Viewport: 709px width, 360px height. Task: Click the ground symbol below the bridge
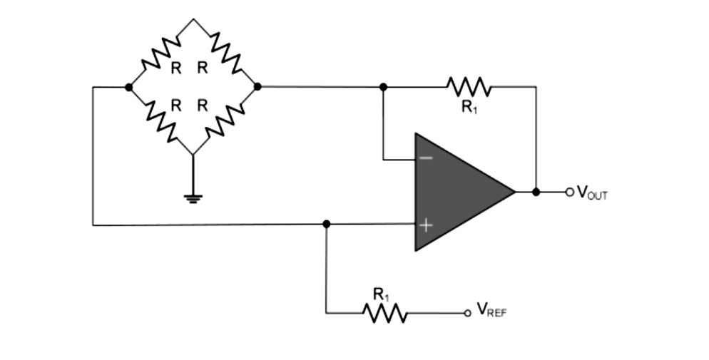tap(193, 197)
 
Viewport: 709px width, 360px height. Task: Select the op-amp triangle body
tap(456, 192)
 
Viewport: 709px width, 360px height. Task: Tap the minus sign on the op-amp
tap(425, 158)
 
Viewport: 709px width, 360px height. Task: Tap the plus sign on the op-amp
tap(425, 226)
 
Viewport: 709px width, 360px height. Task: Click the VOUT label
tap(592, 192)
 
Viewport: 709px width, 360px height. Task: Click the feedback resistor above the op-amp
tap(469, 86)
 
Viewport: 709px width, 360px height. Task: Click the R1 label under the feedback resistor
tap(469, 108)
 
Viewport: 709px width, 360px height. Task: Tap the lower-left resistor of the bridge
tap(161, 120)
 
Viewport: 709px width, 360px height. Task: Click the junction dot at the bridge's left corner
tap(128, 87)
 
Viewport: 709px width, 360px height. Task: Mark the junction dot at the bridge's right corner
tap(257, 86)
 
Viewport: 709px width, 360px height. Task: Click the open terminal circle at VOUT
tap(569, 192)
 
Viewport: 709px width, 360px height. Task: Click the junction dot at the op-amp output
tap(536, 192)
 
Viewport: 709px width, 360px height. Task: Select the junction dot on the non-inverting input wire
tap(326, 224)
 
